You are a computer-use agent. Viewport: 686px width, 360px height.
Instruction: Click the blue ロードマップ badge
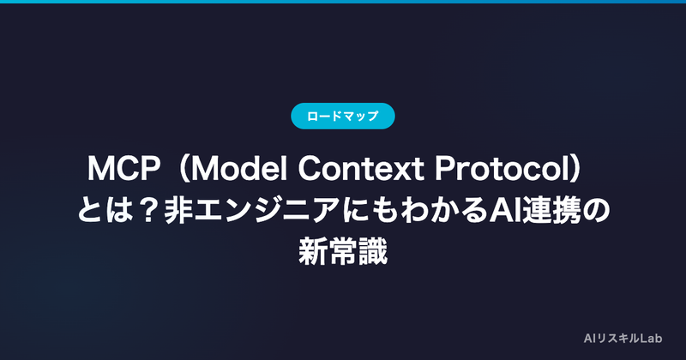click(x=342, y=116)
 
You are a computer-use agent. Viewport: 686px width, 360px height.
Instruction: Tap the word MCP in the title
click(x=123, y=168)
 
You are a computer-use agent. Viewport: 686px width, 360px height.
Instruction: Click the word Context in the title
click(x=361, y=168)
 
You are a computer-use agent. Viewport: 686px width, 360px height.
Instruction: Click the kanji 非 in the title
click(x=178, y=210)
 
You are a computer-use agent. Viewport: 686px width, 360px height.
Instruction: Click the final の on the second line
click(x=596, y=211)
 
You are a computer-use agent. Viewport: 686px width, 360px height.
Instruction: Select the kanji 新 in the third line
click(x=313, y=252)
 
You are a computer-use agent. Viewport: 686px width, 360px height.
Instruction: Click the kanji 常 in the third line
click(x=343, y=252)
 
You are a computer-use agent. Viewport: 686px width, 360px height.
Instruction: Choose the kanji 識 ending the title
click(x=373, y=252)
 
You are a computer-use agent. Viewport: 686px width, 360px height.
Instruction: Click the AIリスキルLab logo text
click(x=623, y=338)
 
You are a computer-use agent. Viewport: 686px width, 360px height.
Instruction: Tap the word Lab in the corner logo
click(x=651, y=338)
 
